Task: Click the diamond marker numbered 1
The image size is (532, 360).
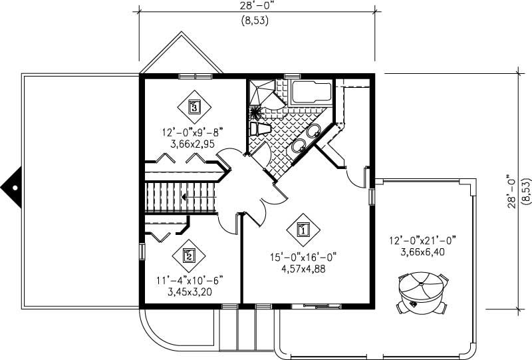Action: [x=303, y=230]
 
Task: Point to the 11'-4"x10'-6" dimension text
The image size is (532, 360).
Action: [x=189, y=281]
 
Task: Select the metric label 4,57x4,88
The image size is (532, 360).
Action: [x=303, y=270]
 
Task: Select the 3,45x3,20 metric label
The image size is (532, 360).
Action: [x=189, y=292]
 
